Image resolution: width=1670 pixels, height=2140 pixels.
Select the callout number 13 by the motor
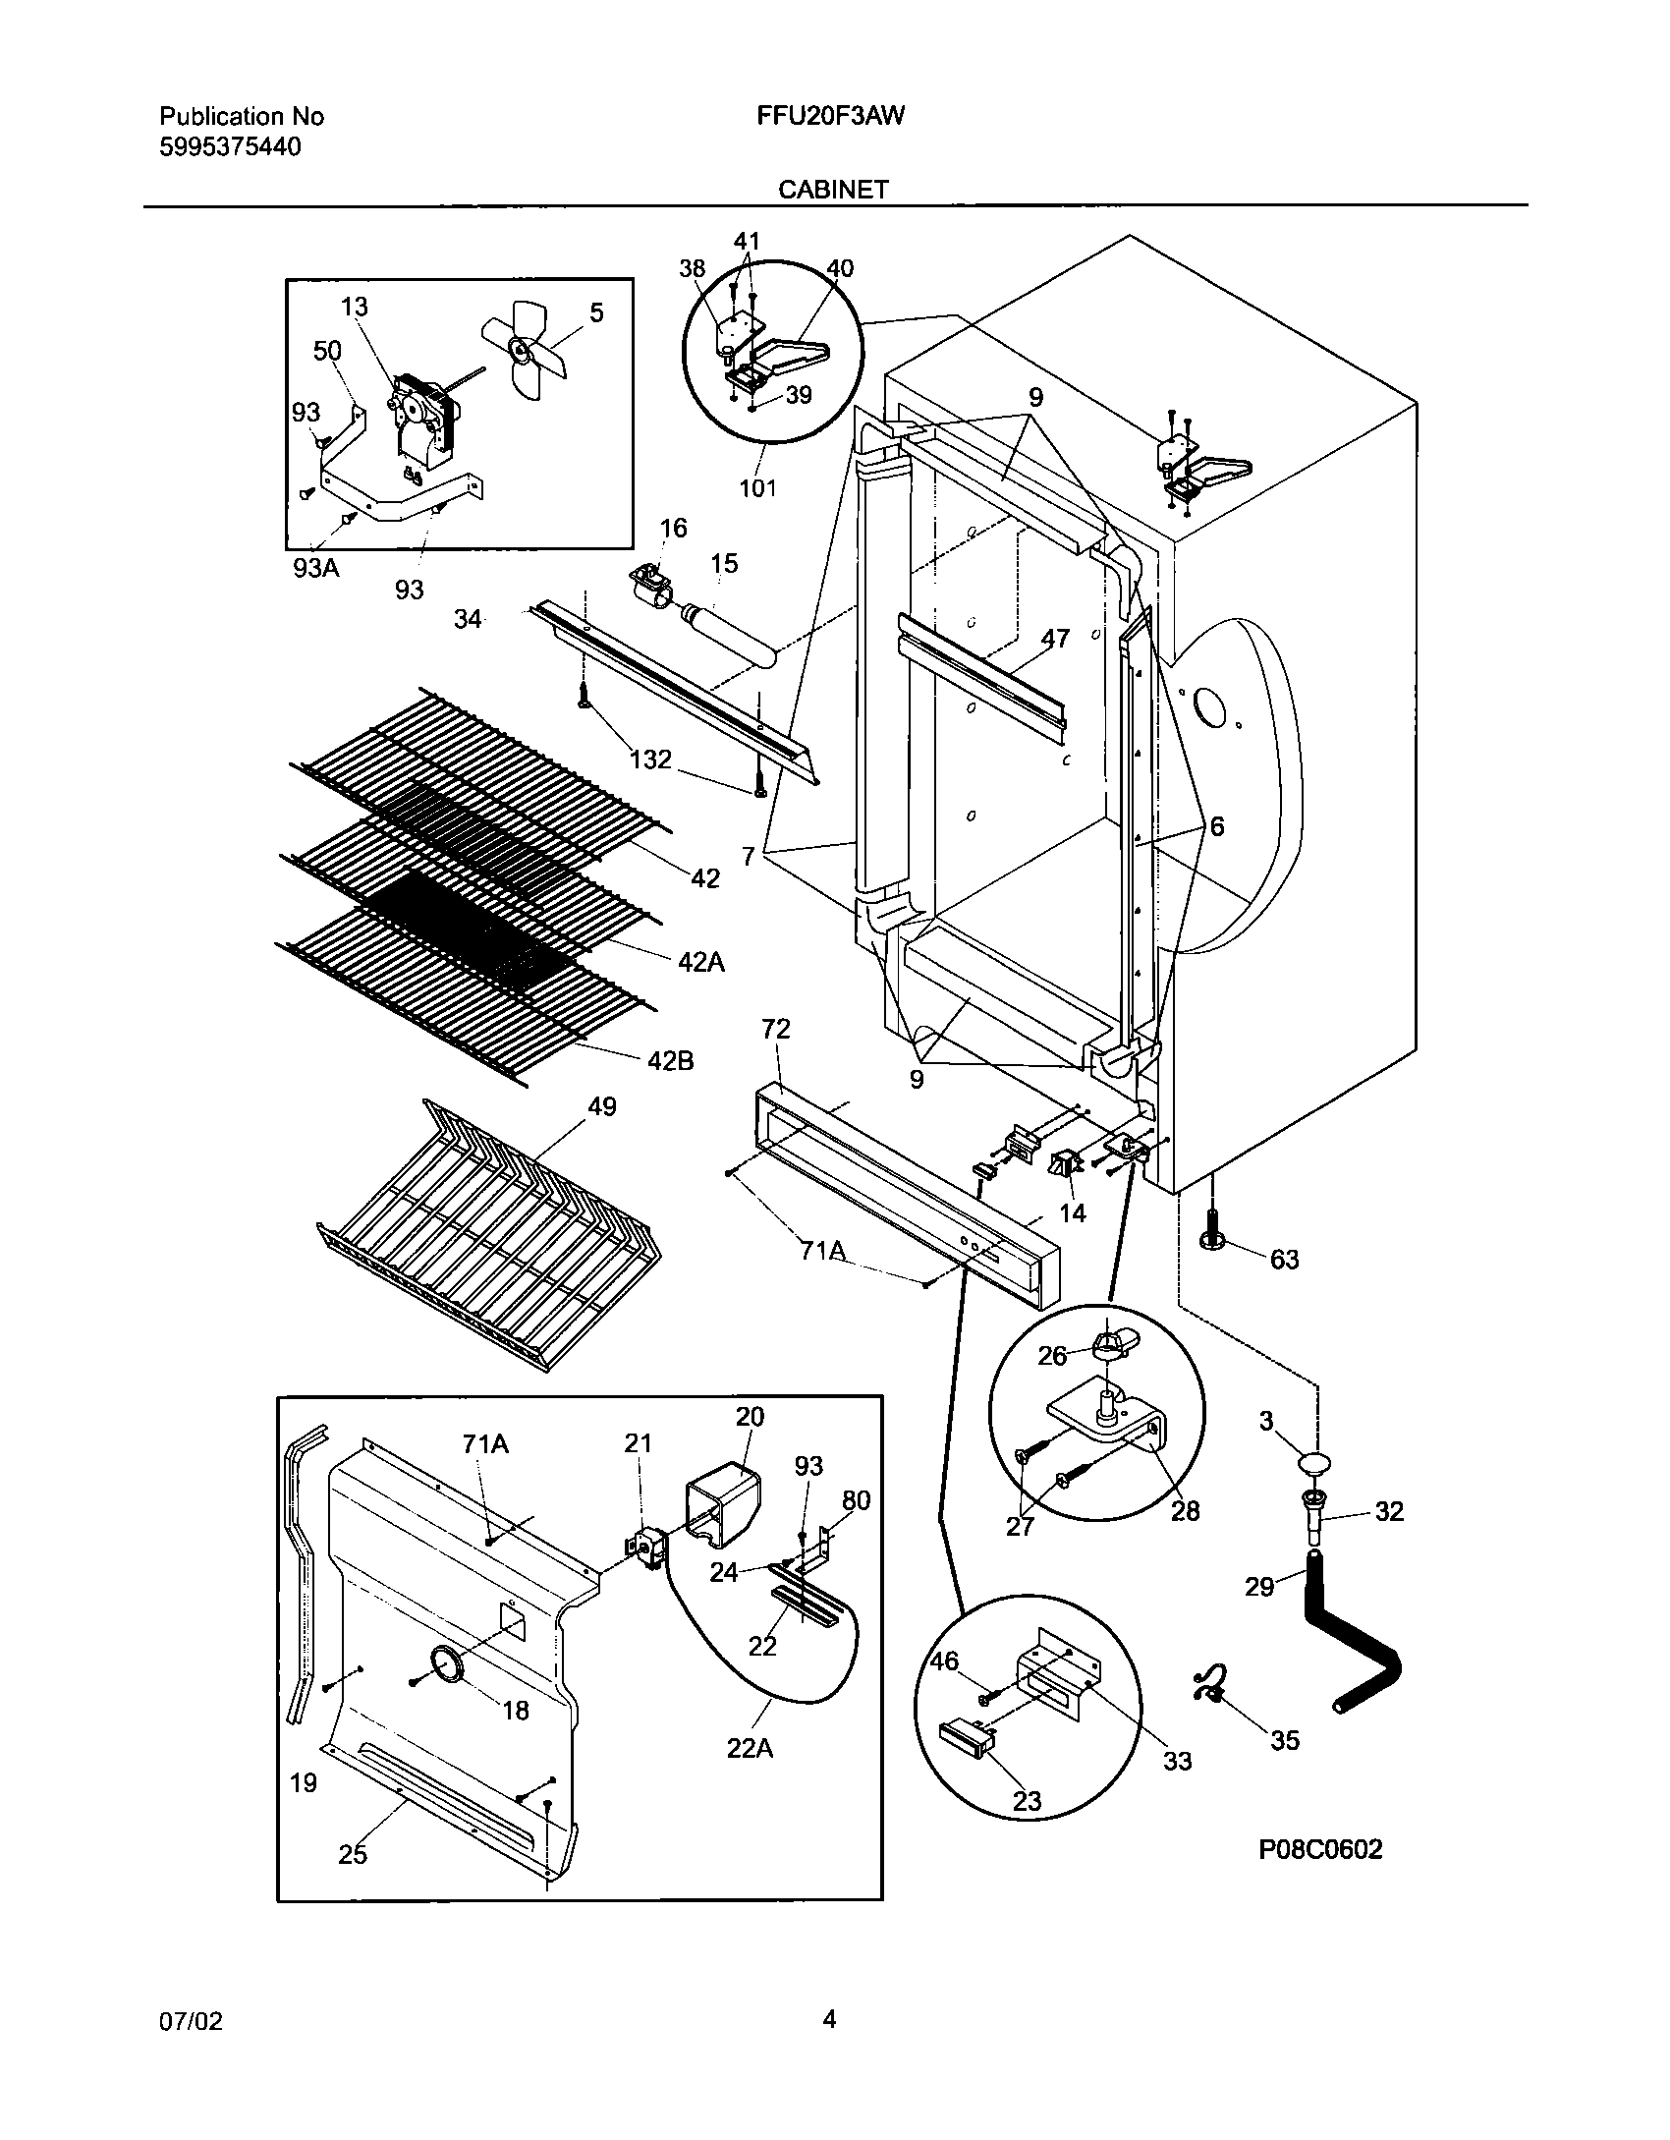(355, 307)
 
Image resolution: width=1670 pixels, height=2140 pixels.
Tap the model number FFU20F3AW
(830, 116)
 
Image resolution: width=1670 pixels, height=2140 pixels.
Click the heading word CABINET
(833, 190)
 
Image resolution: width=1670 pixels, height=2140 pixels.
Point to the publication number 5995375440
(230, 147)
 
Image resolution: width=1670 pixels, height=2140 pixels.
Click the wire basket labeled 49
(491, 1238)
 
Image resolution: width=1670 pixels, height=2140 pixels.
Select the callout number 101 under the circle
(757, 487)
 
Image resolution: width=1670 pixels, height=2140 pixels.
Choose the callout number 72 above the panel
(775, 1029)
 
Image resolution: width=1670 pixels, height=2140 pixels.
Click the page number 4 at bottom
(829, 2019)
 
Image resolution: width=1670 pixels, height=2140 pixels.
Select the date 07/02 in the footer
(191, 2021)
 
